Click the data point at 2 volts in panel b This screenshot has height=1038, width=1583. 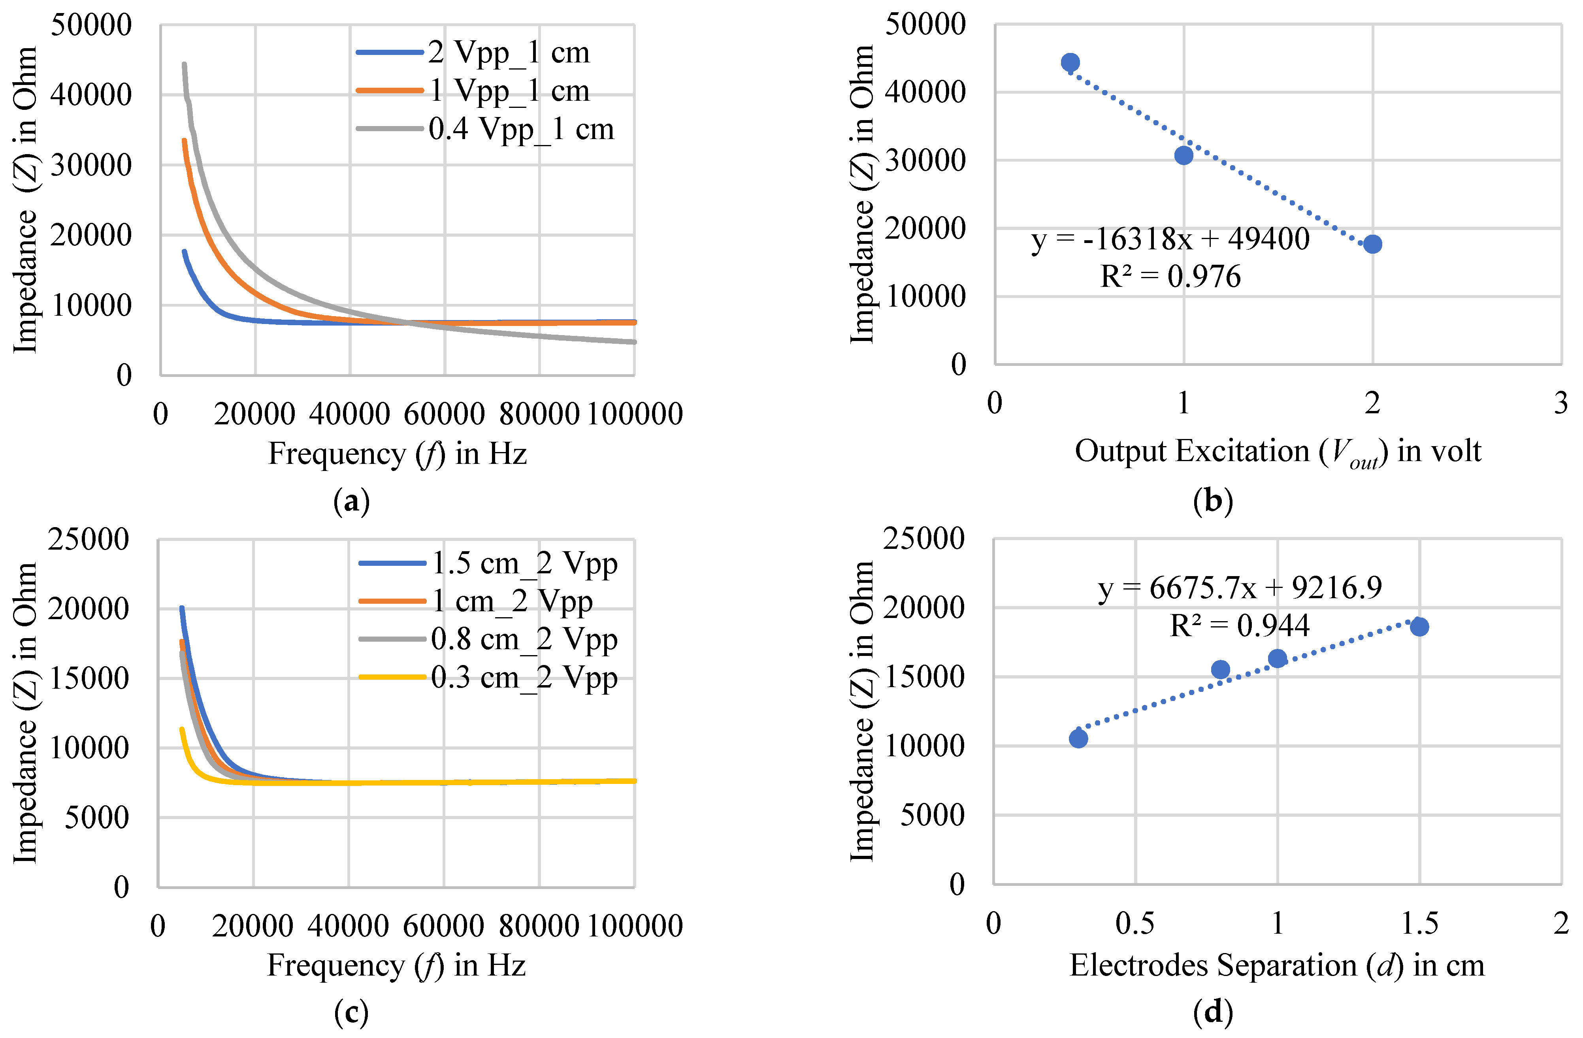[1372, 244]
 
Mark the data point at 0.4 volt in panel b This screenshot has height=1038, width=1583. [1070, 62]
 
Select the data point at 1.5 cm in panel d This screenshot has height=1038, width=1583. [1419, 626]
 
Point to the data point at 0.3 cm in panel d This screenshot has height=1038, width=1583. [1078, 738]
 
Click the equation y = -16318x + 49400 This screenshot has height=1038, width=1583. [1170, 239]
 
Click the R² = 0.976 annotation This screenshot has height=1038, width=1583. [1170, 277]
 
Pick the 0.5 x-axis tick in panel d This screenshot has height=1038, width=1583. [1135, 923]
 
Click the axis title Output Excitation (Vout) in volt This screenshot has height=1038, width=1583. [1277, 452]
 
